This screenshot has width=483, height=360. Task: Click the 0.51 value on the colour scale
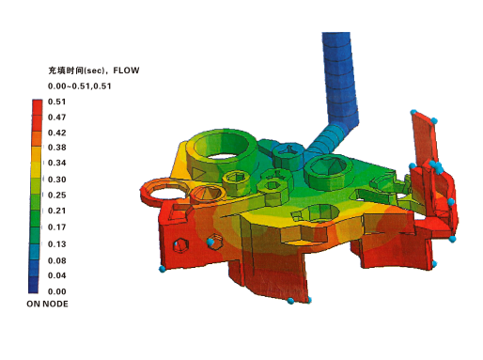(x=56, y=102)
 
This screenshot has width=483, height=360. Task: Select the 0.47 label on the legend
(x=56, y=117)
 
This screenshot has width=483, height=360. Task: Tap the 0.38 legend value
(x=56, y=148)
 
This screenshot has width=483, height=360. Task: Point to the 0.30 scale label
(x=56, y=180)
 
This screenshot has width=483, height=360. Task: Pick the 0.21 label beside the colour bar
(x=56, y=211)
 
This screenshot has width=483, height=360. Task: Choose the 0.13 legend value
(x=56, y=244)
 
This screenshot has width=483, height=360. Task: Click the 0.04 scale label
(x=56, y=275)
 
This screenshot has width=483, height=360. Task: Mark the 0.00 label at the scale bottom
(x=56, y=291)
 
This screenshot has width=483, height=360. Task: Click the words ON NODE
(x=47, y=304)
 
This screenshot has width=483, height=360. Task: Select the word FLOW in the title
(x=126, y=70)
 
